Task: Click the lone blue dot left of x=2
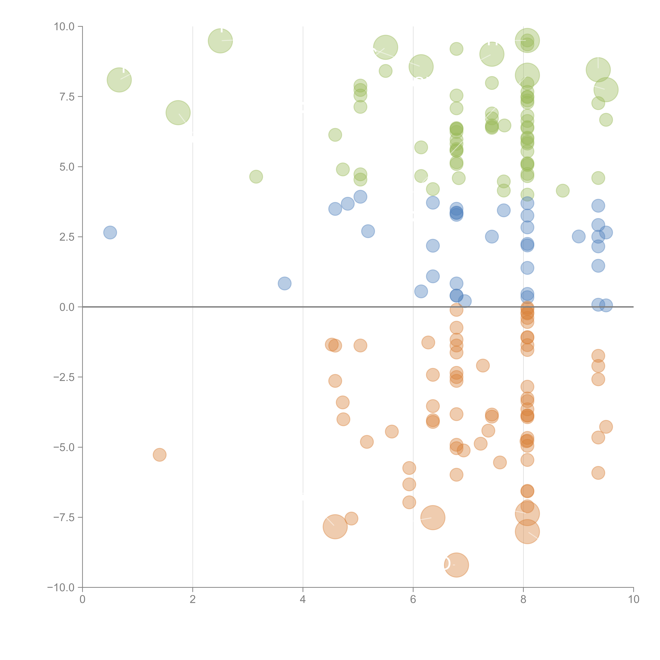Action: pos(110,233)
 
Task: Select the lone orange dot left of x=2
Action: pos(160,455)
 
